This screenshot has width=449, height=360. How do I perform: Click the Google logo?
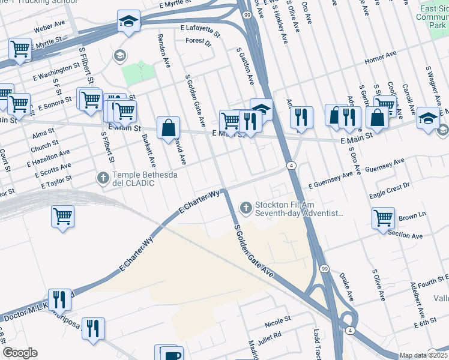20,353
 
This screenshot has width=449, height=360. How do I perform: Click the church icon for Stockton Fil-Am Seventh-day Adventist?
245,208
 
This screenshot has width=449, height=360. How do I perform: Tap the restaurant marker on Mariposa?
93,329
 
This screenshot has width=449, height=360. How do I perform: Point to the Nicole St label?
277,319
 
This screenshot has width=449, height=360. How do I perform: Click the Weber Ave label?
49,27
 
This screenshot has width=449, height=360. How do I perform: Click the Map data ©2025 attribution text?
424,355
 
